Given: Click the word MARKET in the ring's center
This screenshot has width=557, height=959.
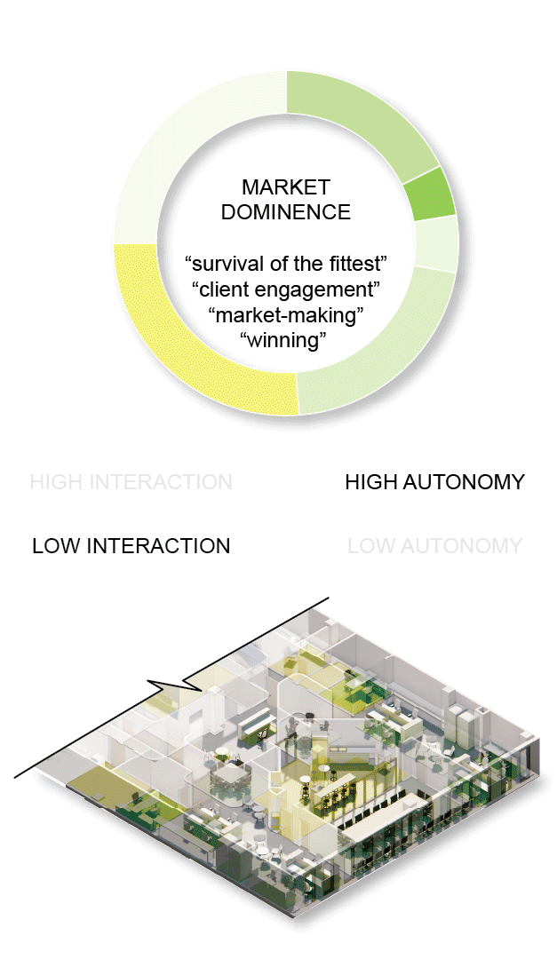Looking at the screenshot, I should [x=286, y=188].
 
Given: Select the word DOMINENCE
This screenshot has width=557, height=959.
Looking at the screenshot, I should [x=286, y=212].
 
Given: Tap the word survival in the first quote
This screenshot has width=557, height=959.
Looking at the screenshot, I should [x=222, y=264].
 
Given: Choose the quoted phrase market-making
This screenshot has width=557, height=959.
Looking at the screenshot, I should [x=286, y=314].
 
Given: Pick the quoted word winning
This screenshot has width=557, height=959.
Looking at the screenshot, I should [x=286, y=339].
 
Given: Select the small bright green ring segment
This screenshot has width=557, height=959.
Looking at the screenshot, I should [x=430, y=194].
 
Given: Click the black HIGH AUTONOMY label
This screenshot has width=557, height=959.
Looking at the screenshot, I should [x=434, y=482].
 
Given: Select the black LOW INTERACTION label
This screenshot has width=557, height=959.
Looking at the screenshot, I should [x=131, y=545].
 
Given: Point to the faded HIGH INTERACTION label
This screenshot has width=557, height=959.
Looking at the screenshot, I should [x=131, y=482].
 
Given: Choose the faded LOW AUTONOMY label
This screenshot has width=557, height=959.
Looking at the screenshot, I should [x=434, y=545].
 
